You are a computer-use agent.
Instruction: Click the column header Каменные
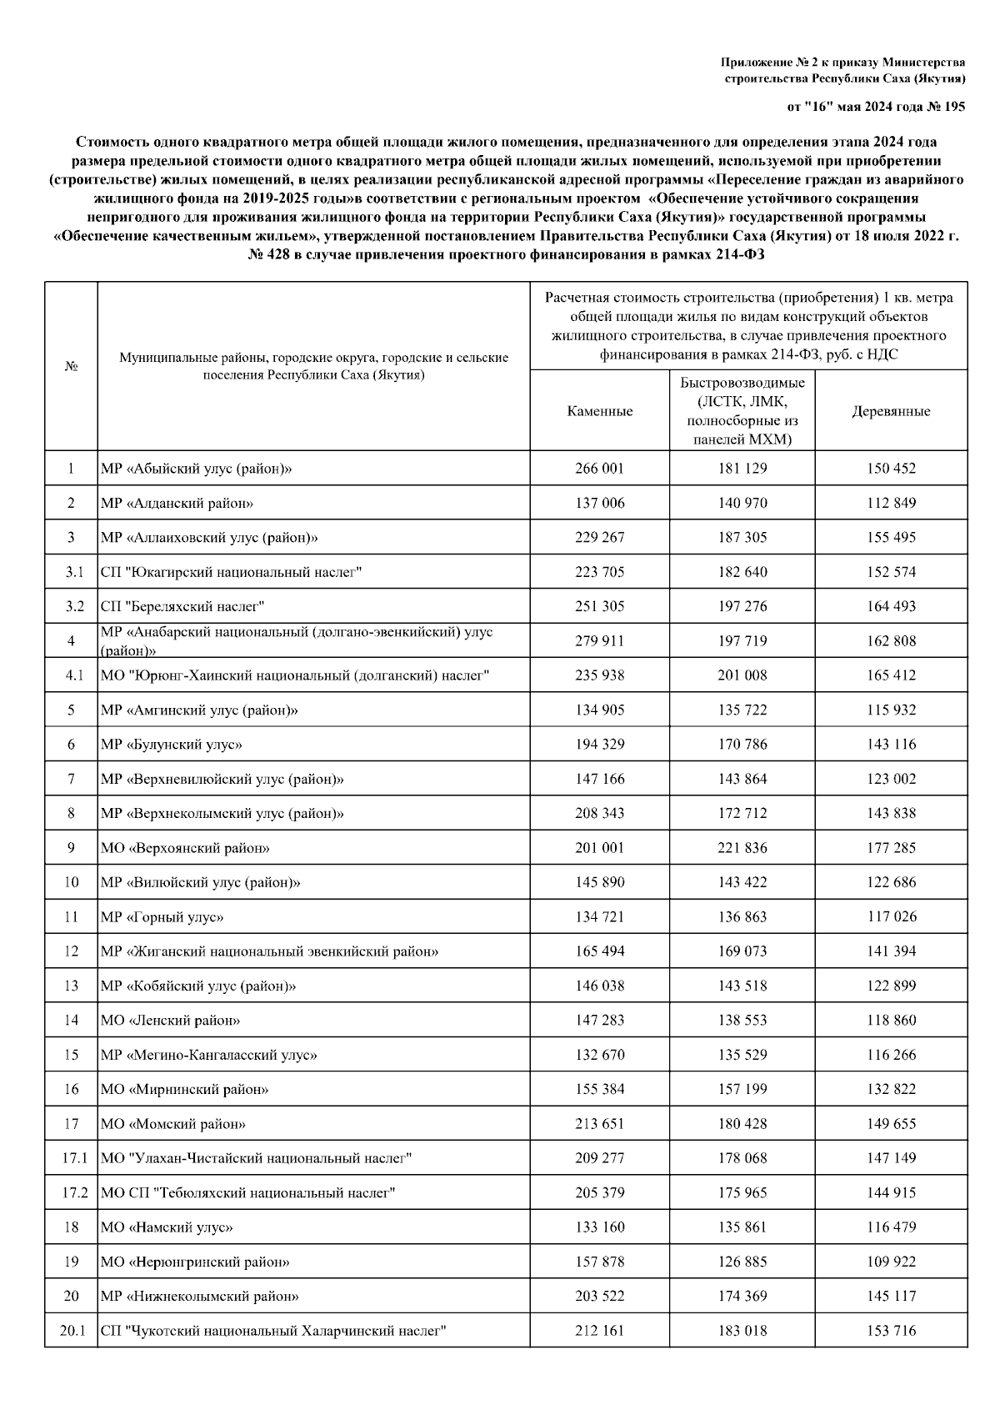point(599,411)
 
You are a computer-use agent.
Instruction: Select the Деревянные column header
point(891,411)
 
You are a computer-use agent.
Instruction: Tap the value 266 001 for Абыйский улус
point(599,469)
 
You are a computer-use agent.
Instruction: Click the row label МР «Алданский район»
point(177,503)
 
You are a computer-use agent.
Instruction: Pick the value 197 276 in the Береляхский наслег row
point(742,606)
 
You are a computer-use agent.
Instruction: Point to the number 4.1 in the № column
point(72,675)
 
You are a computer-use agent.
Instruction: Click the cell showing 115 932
point(891,710)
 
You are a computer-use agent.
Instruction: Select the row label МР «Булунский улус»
point(171,745)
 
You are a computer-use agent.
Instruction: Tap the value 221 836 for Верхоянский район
point(742,848)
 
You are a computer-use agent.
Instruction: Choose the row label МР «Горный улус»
point(162,917)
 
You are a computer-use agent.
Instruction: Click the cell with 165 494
point(599,951)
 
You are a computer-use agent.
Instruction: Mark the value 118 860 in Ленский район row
point(891,1021)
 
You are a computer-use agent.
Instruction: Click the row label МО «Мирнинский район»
point(184,1090)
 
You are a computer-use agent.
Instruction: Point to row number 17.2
point(72,1193)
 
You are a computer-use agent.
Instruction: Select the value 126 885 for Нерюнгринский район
point(742,1262)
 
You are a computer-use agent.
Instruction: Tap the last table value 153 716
point(891,1332)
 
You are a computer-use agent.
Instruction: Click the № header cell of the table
point(72,367)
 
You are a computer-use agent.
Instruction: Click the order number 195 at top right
point(954,107)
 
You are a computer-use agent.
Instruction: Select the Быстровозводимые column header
point(742,411)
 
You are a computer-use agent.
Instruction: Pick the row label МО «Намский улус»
point(167,1227)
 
